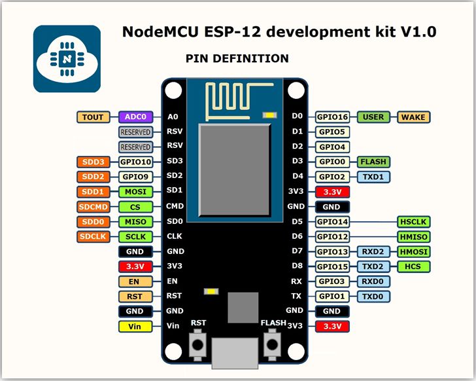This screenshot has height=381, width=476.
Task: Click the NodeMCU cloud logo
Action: click(x=67, y=59)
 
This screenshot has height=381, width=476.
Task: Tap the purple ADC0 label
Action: click(x=135, y=117)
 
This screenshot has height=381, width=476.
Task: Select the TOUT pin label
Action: click(x=93, y=117)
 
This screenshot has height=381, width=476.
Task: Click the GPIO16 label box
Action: click(x=333, y=117)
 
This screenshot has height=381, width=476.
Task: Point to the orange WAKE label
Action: click(x=413, y=117)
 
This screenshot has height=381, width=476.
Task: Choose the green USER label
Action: click(x=373, y=117)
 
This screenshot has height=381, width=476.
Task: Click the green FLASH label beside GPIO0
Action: click(x=373, y=162)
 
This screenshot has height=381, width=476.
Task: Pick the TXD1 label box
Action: click(x=373, y=177)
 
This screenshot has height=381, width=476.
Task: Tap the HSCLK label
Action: click(x=413, y=222)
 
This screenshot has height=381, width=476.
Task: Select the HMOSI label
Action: click(x=413, y=252)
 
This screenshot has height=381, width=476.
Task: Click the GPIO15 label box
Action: click(x=333, y=266)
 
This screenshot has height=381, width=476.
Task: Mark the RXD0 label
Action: click(x=373, y=281)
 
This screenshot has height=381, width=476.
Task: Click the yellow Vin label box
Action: click(x=135, y=326)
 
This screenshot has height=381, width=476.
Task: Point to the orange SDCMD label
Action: click(x=93, y=207)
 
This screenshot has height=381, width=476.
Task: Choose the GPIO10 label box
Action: click(x=135, y=162)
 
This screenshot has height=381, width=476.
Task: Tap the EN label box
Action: click(x=135, y=281)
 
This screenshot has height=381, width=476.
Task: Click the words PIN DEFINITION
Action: click(x=237, y=59)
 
